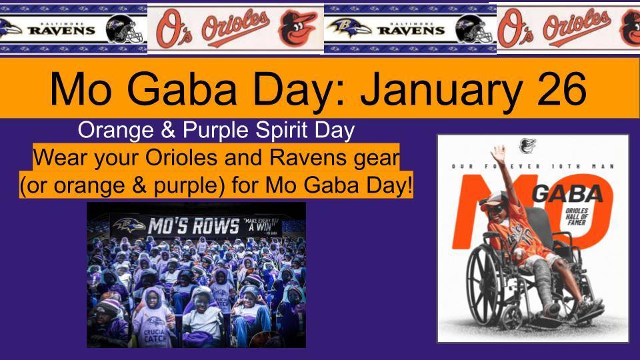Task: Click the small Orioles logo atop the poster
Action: pos(526,144)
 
